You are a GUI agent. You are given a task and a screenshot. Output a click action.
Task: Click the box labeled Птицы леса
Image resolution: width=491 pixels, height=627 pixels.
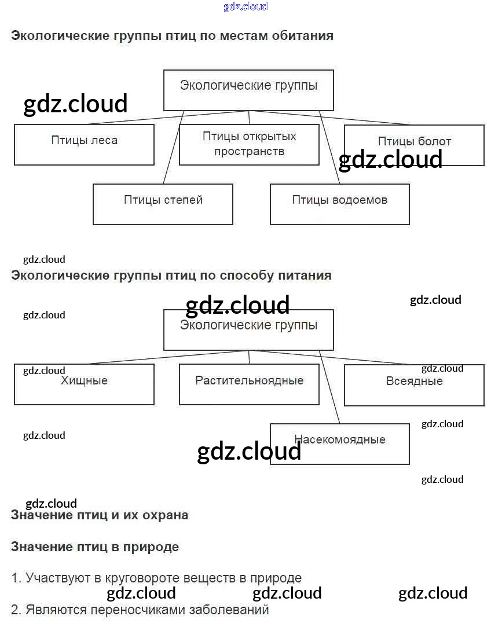pyautogui.click(x=84, y=145)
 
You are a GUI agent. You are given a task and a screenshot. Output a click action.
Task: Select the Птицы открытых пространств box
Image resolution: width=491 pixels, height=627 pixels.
pyautogui.click(x=249, y=144)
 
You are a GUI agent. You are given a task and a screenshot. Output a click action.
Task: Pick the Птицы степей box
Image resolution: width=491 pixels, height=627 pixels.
pyautogui.click(x=163, y=204)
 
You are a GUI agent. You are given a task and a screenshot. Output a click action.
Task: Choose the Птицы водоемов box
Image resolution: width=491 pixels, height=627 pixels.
pyautogui.click(x=339, y=204)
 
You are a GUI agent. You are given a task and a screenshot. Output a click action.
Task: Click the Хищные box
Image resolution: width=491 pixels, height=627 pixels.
pyautogui.click(x=84, y=384)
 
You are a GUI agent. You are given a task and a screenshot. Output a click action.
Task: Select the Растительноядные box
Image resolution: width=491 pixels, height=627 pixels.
pyautogui.click(x=249, y=384)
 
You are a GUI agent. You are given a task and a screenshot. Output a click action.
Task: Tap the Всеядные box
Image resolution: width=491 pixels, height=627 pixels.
pyautogui.click(x=414, y=384)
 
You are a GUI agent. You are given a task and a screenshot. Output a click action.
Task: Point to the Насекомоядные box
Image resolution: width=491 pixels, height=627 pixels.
pyautogui.click(x=339, y=443)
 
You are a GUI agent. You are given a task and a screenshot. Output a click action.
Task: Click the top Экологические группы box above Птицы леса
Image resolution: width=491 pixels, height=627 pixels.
pyautogui.click(x=248, y=90)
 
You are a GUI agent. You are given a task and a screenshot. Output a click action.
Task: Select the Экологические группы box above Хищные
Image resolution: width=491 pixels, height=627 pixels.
pyautogui.click(x=248, y=329)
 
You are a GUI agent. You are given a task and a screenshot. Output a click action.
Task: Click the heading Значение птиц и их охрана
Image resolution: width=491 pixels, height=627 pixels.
pyautogui.click(x=100, y=515)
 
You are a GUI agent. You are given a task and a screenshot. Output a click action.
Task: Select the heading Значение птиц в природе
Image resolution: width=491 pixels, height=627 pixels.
pyautogui.click(x=95, y=547)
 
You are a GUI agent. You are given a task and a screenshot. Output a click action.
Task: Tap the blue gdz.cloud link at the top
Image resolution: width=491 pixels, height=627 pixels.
pyautogui.click(x=245, y=6)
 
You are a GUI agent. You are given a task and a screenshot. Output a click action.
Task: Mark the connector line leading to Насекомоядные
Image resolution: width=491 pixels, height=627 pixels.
pyautogui.click(x=331, y=388)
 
